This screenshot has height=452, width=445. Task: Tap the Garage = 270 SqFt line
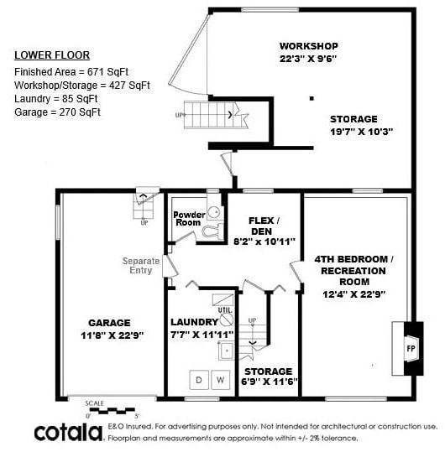coord(57,112)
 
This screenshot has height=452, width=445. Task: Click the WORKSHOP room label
coord(308,45)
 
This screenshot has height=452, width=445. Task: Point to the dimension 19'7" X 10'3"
coord(361,132)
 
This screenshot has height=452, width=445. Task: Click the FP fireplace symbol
coord(411,346)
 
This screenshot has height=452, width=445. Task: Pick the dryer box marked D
coord(199,379)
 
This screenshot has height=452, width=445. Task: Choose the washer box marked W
coord(221,379)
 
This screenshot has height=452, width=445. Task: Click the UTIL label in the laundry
coord(224,310)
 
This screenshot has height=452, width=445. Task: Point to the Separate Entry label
coord(141,266)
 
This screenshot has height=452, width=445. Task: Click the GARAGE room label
coord(109,323)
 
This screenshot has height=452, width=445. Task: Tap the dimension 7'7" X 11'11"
coord(202,335)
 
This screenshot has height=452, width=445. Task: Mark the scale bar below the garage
coord(111,411)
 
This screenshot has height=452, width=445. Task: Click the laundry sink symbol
coord(225,351)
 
